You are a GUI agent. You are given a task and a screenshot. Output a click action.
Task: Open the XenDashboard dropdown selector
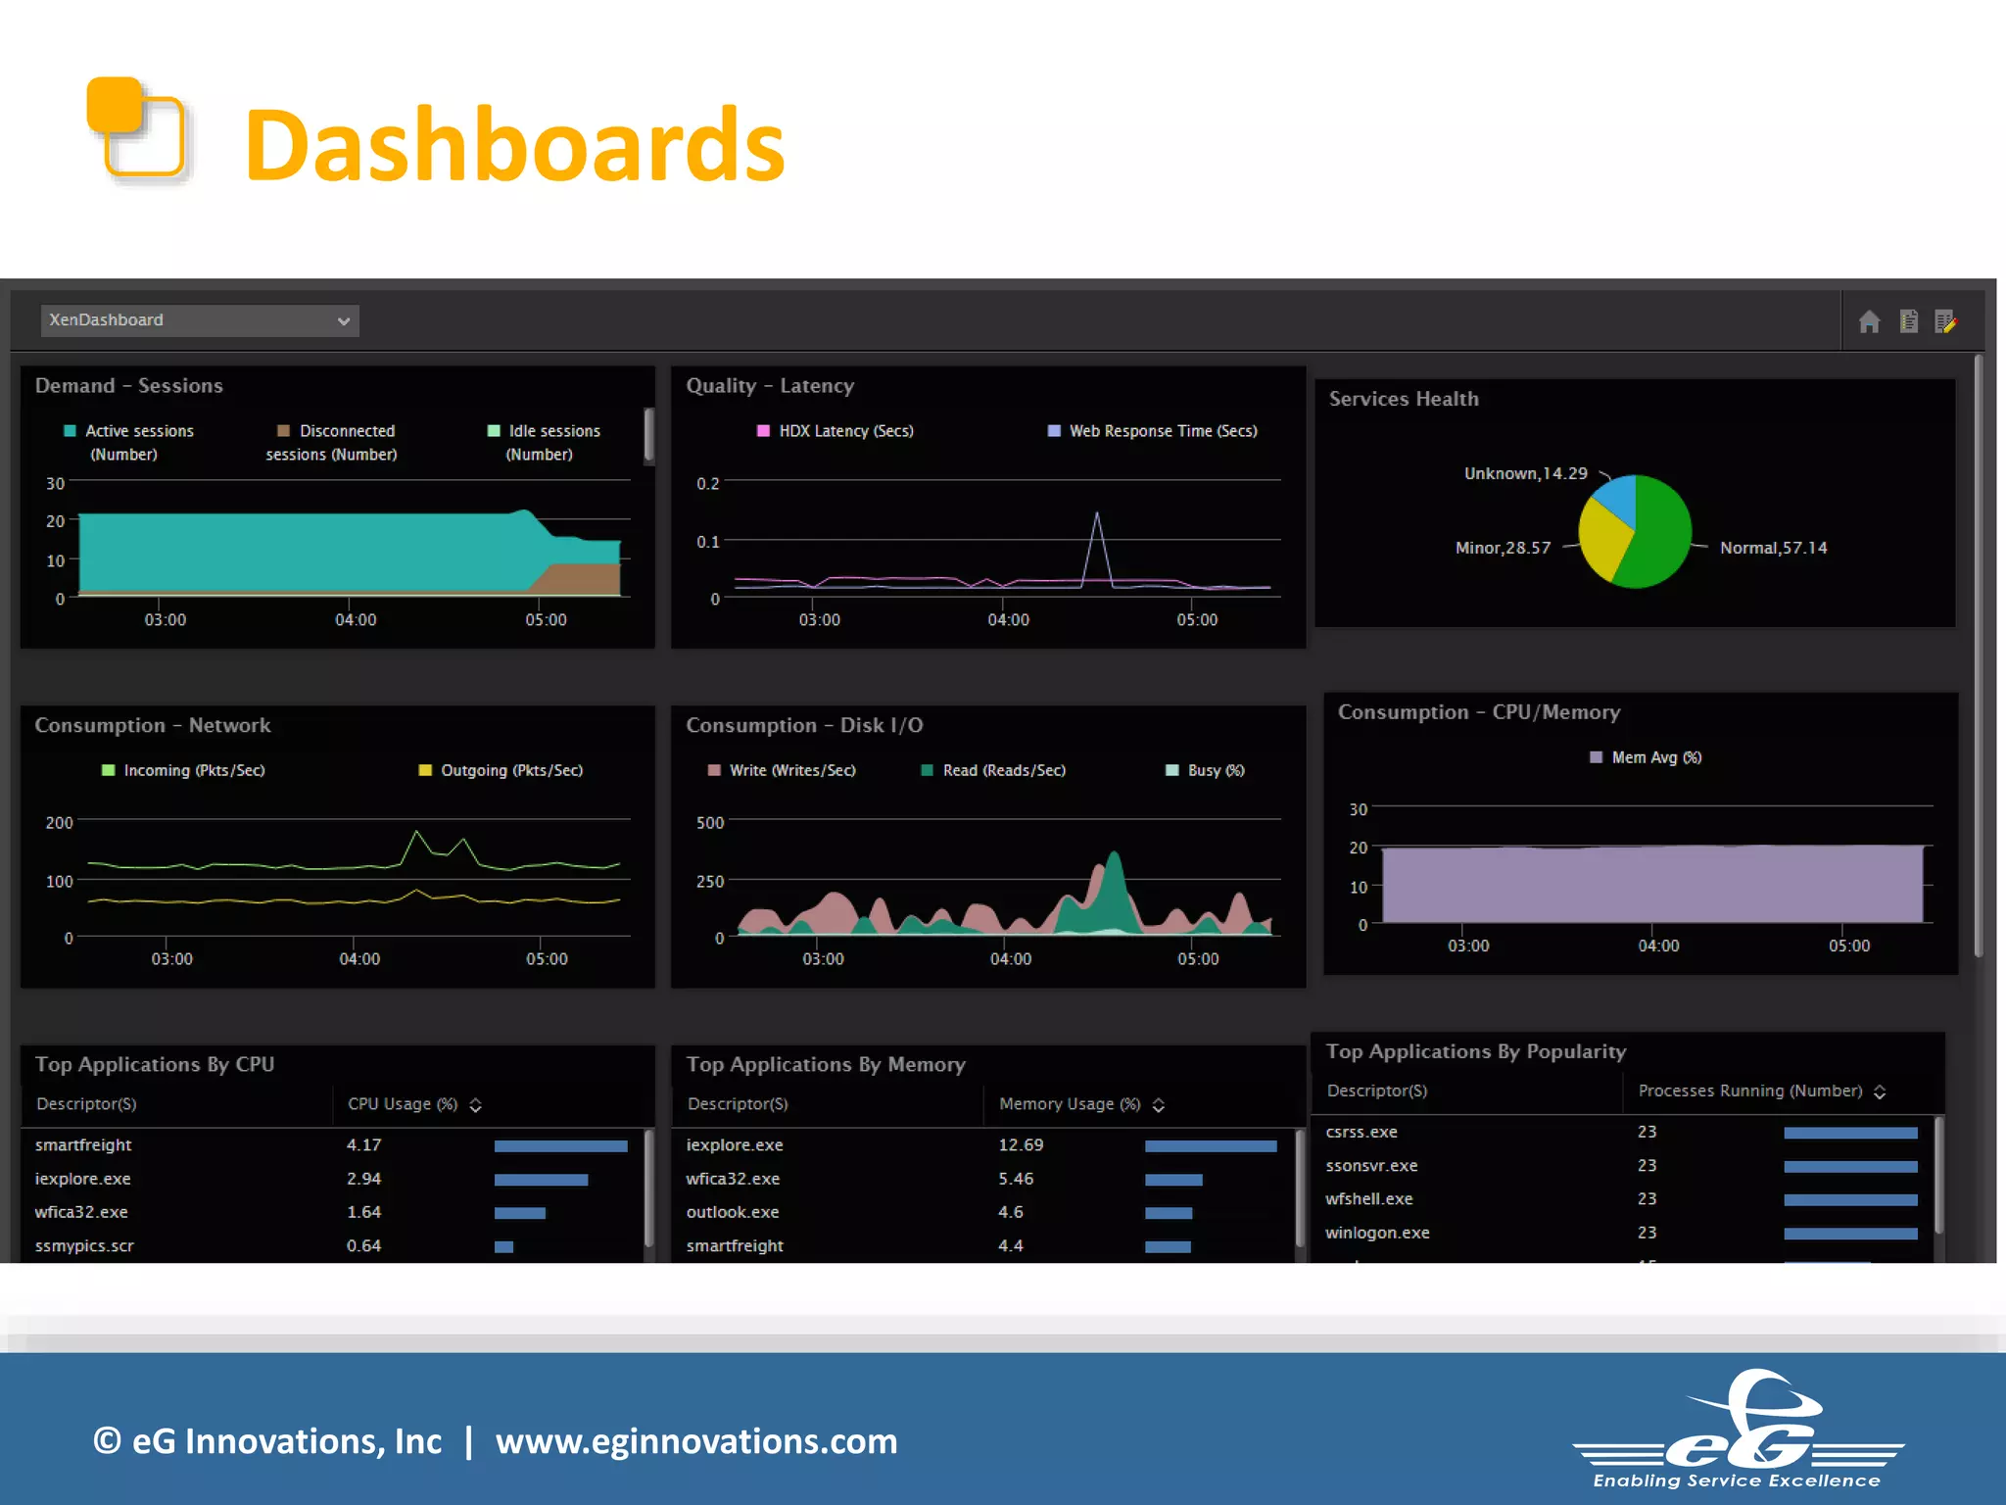pyautogui.click(x=200, y=320)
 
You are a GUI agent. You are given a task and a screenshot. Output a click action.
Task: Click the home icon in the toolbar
pyautogui.click(x=1869, y=321)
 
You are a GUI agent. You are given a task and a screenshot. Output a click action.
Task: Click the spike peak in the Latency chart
pyautogui.click(x=1097, y=513)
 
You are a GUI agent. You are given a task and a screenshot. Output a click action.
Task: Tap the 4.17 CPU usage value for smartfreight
pyautogui.click(x=363, y=1144)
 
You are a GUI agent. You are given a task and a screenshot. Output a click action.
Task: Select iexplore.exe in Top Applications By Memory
pyautogui.click(x=735, y=1144)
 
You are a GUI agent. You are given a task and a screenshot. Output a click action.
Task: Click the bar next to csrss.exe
pyautogui.click(x=1850, y=1133)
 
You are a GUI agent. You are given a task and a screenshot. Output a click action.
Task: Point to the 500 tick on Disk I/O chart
pyautogui.click(x=710, y=822)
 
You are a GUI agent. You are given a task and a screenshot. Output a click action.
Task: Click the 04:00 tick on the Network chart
pyautogui.click(x=359, y=958)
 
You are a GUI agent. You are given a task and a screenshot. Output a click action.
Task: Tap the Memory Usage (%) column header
pyautogui.click(x=1070, y=1104)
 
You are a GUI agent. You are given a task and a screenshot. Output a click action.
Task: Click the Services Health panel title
pyautogui.click(x=1403, y=399)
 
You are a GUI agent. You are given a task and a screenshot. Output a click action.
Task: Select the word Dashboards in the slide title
pyautogui.click(x=514, y=145)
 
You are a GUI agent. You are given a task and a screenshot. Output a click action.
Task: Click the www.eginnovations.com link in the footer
pyautogui.click(x=695, y=1441)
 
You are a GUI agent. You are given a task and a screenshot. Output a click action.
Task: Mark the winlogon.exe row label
pyautogui.click(x=1377, y=1233)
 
